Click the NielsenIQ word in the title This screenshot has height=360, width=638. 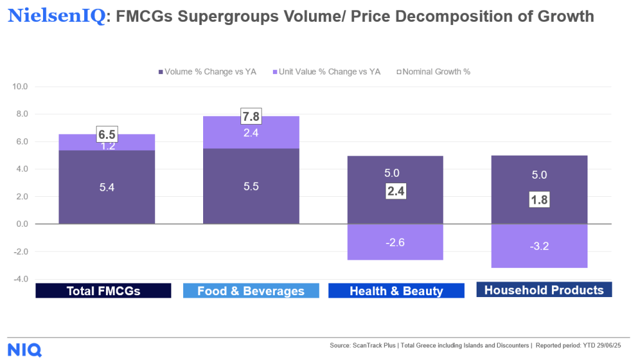[x=57, y=16]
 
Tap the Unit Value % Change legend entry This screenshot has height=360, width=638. [x=325, y=72]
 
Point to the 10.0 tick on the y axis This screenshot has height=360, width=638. [x=21, y=87]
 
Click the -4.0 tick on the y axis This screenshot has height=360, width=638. [x=21, y=279]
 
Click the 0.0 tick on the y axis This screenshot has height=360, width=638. [x=22, y=224]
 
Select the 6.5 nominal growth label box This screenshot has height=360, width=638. [x=107, y=134]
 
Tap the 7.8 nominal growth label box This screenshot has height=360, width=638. [x=251, y=116]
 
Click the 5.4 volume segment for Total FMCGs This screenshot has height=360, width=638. [x=107, y=187]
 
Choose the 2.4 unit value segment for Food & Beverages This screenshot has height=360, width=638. [x=251, y=132]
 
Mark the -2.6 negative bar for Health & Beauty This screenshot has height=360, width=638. [x=396, y=242]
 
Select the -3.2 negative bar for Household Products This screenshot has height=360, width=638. [x=540, y=246]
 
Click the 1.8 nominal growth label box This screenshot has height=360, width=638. [x=540, y=200]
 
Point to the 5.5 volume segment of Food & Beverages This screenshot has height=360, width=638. [x=251, y=186]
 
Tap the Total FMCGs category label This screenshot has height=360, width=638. [x=103, y=291]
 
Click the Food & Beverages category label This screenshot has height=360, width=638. [x=250, y=291]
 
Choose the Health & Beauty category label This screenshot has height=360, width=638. [x=396, y=291]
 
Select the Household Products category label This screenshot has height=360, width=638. [x=544, y=290]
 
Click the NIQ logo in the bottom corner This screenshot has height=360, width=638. [x=25, y=349]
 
